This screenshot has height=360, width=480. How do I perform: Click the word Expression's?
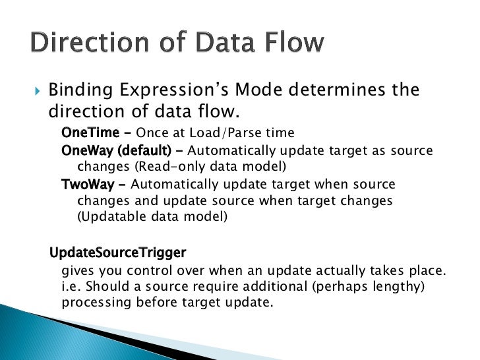pos(178,90)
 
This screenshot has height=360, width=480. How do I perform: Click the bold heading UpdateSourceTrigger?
pos(118,253)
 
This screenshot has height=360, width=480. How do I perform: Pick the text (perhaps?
pos(352,287)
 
